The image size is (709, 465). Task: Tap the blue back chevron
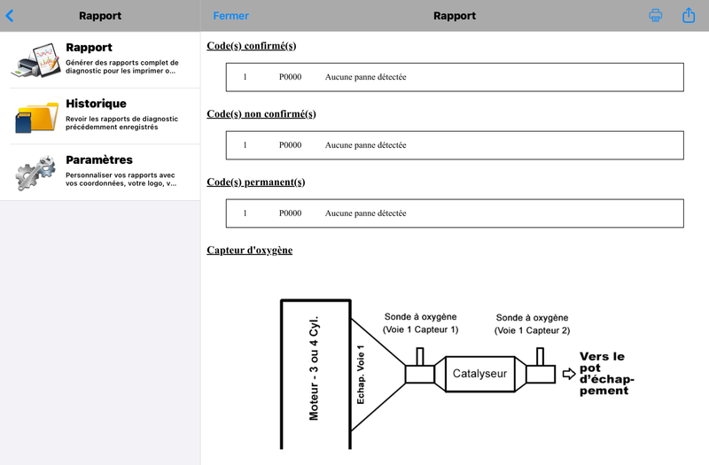[10, 16]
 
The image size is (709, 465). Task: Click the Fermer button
[230, 16]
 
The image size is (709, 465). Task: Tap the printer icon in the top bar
[655, 15]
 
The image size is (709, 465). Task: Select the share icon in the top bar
[689, 15]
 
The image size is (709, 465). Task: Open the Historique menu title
[96, 104]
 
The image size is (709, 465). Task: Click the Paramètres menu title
[99, 159]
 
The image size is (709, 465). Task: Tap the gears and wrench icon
[35, 172]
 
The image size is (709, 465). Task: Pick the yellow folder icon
[36, 117]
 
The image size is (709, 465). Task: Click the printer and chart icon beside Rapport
[35, 60]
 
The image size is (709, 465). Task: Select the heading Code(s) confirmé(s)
[252, 46]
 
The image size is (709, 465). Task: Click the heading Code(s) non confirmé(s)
[261, 114]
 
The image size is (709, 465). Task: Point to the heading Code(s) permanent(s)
[256, 182]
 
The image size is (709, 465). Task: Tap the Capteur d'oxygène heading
[250, 251]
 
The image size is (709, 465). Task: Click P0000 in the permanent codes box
[290, 213]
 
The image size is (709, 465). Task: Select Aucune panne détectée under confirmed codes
[365, 77]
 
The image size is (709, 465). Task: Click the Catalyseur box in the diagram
[479, 374]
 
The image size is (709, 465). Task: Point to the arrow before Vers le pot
[569, 374]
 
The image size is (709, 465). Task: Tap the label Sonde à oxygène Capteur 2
[532, 324]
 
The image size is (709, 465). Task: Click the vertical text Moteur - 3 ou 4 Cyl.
[314, 368]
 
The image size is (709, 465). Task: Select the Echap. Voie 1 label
[361, 375]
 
